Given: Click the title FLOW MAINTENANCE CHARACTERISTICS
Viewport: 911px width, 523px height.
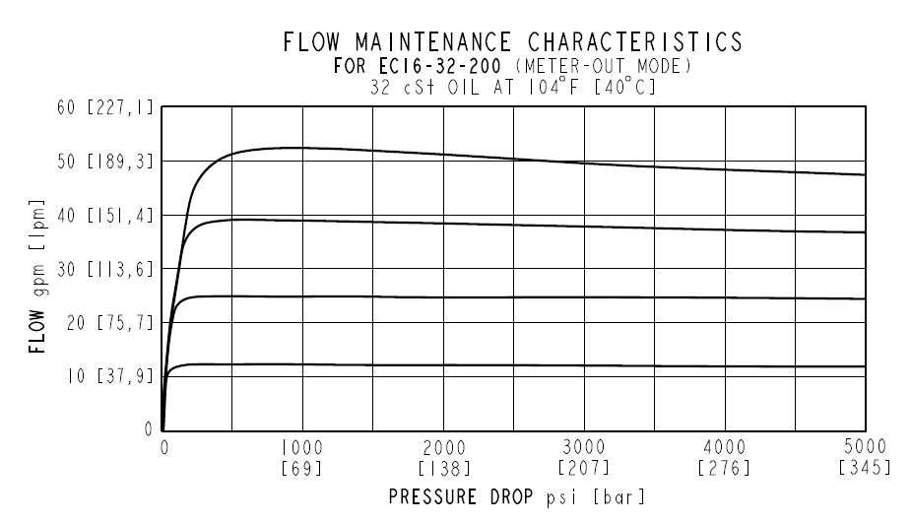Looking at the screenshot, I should coord(511,42).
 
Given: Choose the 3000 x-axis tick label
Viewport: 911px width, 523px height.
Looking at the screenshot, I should coord(584,446).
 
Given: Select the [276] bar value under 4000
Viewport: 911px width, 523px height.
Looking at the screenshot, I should coord(725,465).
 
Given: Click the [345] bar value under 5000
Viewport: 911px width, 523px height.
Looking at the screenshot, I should coord(865,465).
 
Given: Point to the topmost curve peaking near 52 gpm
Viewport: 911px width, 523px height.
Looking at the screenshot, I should coord(591,163).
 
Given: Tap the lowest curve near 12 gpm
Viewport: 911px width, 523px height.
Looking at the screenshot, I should coord(591,366).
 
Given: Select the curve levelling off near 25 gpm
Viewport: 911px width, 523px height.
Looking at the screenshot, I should coord(591,297).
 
